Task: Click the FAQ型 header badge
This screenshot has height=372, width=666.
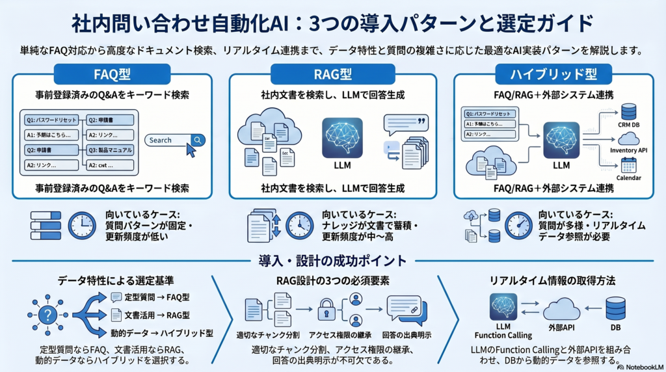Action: [113, 73]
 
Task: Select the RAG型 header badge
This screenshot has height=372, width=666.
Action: [333, 73]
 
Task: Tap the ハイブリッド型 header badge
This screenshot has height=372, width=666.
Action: [553, 73]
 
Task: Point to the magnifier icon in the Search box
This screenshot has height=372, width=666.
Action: [198, 140]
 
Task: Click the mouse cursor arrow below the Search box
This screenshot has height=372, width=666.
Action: [191, 151]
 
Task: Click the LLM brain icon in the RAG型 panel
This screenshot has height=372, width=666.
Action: [342, 138]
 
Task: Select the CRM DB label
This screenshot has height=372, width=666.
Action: [629, 125]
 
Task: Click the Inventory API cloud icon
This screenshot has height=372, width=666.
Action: [629, 139]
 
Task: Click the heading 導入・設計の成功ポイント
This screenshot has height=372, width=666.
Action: [332, 261]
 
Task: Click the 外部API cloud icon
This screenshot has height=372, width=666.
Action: [561, 309]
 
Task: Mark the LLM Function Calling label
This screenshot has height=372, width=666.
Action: [503, 330]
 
